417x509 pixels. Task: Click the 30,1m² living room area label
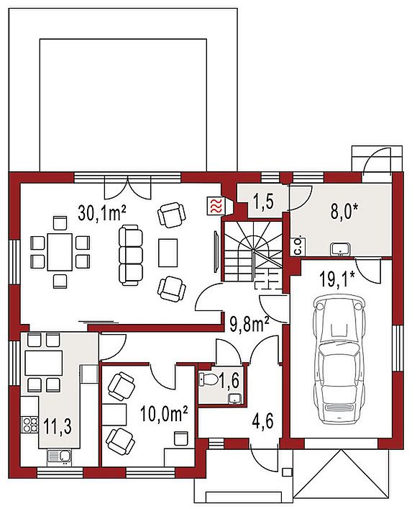pyautogui.click(x=101, y=213)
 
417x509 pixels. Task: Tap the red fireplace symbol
pyautogui.click(x=216, y=206)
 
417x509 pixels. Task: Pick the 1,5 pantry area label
pyautogui.click(x=262, y=202)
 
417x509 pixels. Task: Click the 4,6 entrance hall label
pyautogui.click(x=263, y=422)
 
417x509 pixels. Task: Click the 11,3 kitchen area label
pyautogui.click(x=58, y=427)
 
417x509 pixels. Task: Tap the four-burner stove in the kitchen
pyautogui.click(x=29, y=425)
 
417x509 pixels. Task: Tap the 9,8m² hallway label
pyautogui.click(x=249, y=324)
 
